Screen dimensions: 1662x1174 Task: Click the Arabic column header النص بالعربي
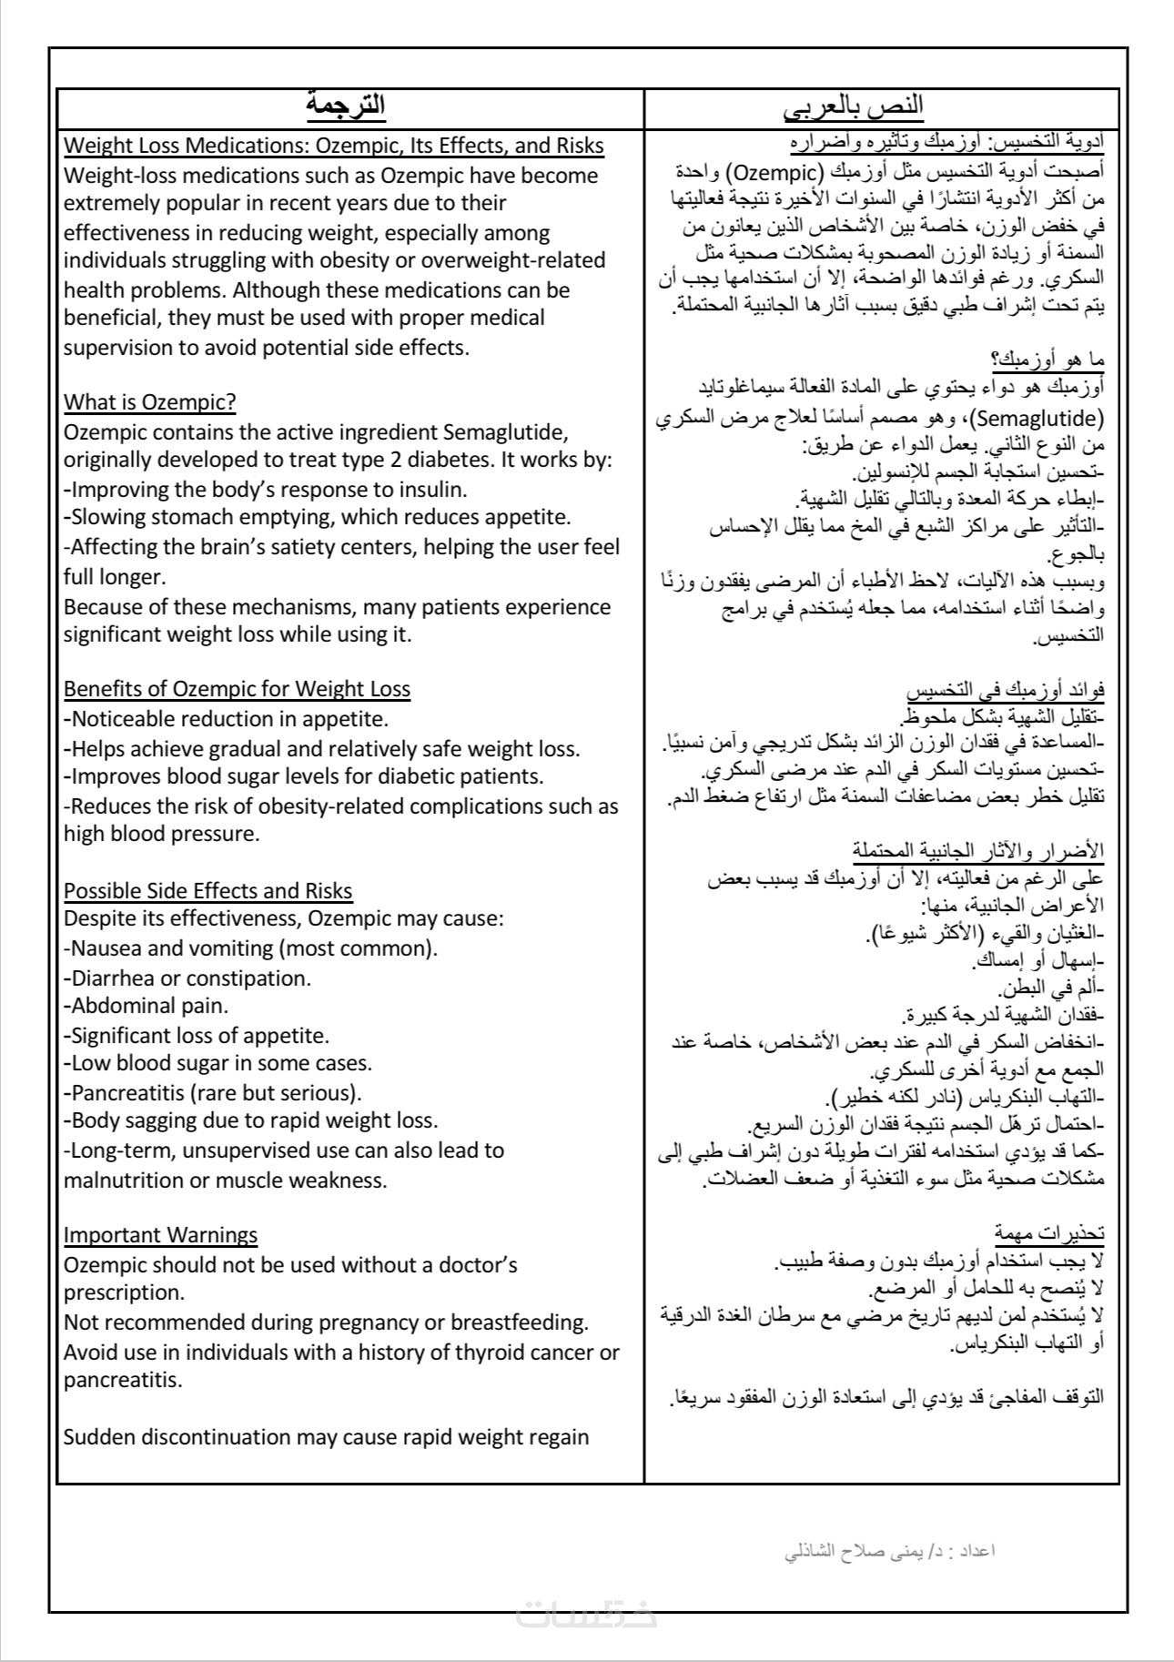[854, 107]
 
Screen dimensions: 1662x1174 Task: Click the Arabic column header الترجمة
[345, 106]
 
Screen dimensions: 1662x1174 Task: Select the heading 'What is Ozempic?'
[150, 402]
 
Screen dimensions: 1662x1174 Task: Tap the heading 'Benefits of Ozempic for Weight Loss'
[237, 689]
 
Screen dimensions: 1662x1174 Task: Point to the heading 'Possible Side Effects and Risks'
[207, 890]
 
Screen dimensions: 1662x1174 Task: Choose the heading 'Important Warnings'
[160, 1235]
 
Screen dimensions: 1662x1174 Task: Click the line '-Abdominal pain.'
[146, 1006]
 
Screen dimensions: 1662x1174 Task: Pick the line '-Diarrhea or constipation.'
[187, 978]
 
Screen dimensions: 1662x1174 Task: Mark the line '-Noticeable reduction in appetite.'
[226, 719]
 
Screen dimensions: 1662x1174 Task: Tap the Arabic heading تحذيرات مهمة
[1049, 1234]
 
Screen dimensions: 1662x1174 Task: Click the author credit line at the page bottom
[890, 1550]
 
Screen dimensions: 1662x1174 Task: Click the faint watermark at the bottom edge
[586, 1614]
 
